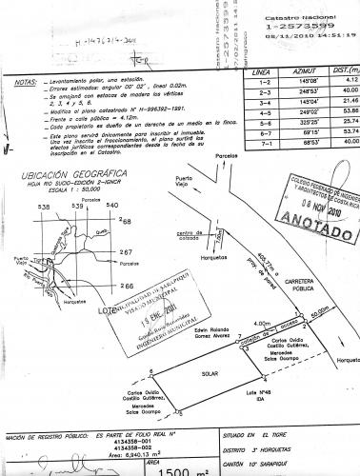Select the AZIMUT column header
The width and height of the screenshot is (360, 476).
(306, 71)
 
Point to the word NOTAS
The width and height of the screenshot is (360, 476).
(26, 84)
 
